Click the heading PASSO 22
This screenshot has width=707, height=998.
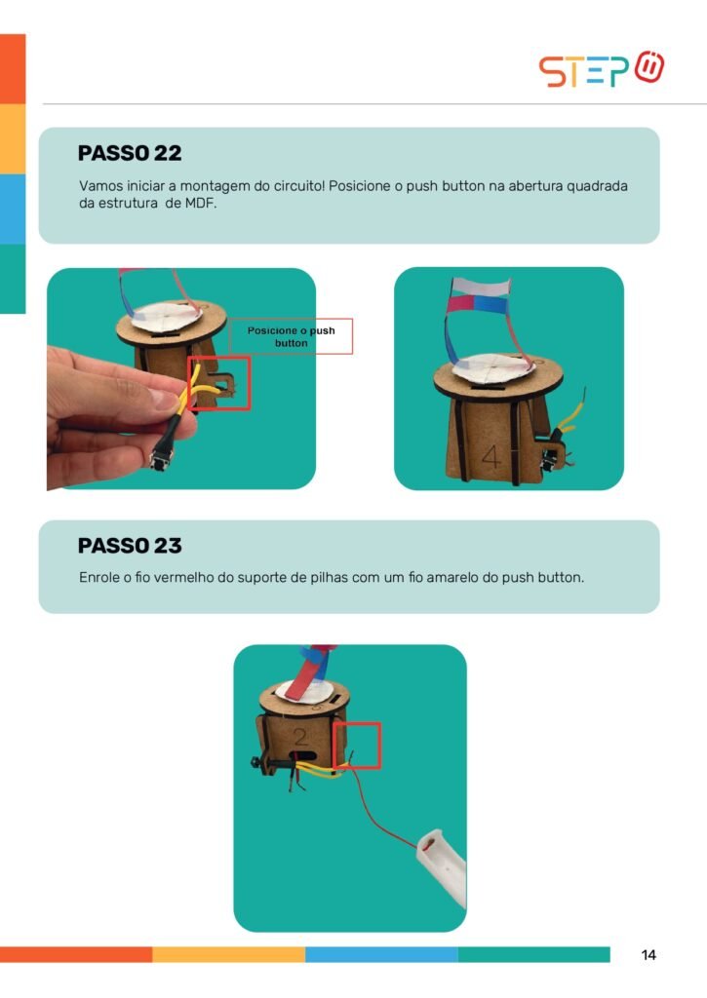[x=130, y=153]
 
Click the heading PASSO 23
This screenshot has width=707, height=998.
[x=130, y=546]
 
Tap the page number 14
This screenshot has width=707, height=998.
[x=648, y=955]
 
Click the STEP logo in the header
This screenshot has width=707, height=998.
[x=602, y=69]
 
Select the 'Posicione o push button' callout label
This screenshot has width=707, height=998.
[x=291, y=336]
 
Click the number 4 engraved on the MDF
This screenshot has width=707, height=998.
[x=491, y=456]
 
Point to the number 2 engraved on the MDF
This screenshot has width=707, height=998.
[x=300, y=737]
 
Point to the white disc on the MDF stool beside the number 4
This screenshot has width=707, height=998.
[x=491, y=368]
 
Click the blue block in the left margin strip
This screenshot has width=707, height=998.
[x=13, y=209]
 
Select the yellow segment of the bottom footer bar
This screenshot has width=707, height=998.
[x=228, y=955]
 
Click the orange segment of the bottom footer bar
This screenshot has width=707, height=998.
[x=76, y=955]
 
